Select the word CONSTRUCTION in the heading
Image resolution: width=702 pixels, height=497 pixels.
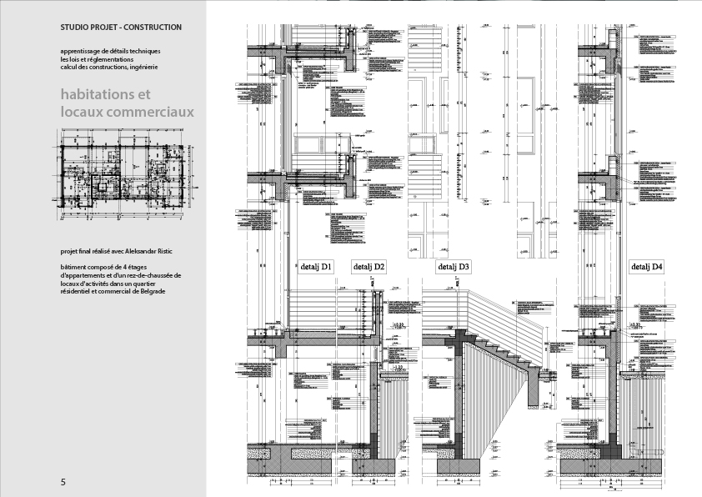(x=152, y=28)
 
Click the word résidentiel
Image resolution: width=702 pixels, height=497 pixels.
(x=80, y=291)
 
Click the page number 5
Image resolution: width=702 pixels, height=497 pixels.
(x=63, y=483)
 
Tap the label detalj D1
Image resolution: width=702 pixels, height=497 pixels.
(x=316, y=267)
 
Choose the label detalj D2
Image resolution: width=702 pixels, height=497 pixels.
(x=369, y=267)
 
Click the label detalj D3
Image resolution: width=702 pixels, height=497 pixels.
(x=454, y=267)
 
